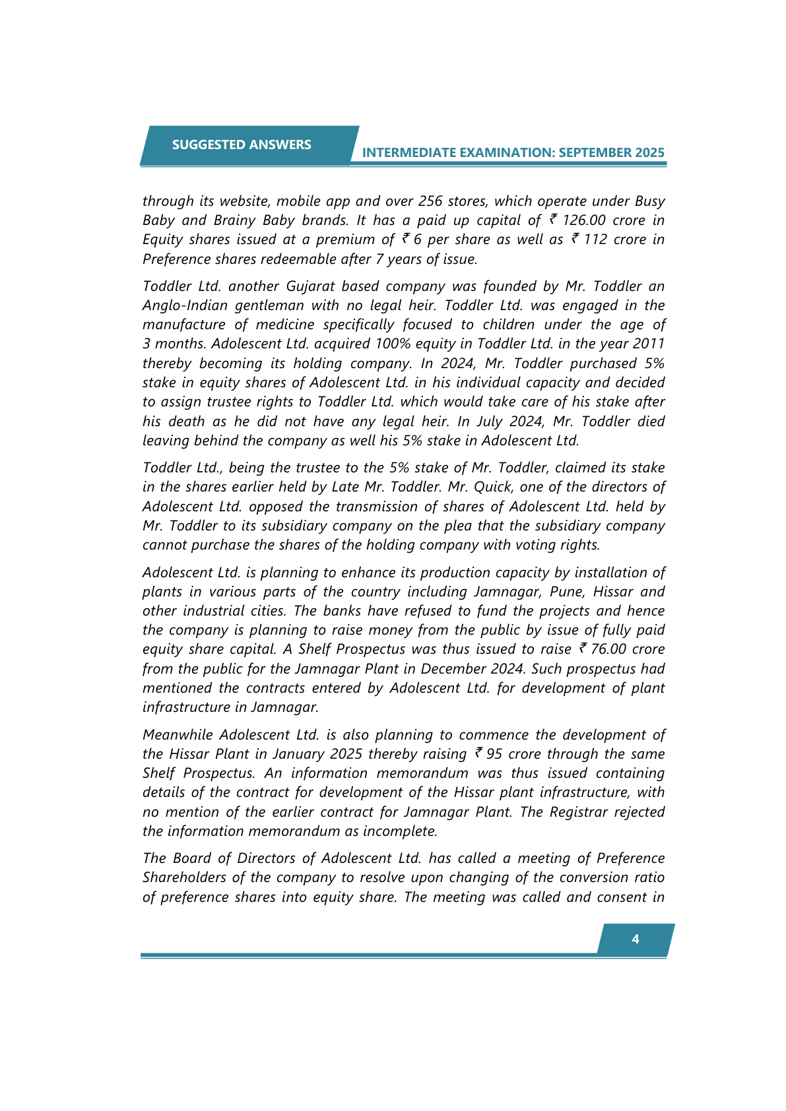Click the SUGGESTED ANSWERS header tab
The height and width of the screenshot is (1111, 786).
(242, 144)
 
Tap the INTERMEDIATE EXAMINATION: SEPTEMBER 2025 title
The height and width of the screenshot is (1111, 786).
(513, 152)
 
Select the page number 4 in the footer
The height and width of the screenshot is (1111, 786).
(635, 939)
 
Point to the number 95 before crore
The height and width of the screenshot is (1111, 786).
(494, 754)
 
